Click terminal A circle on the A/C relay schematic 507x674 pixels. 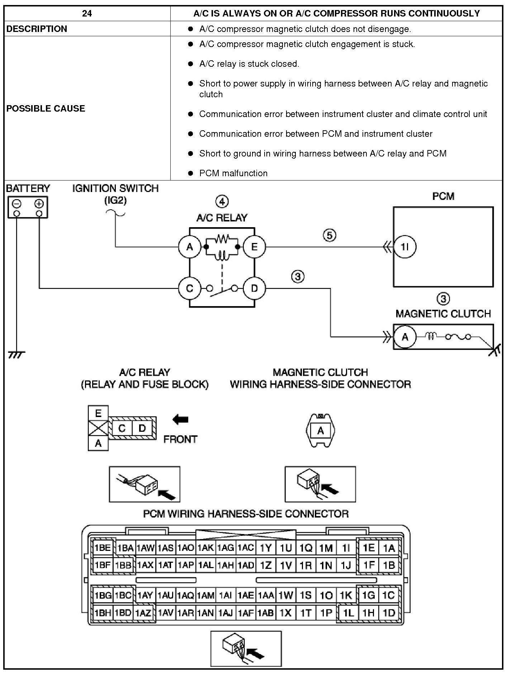point(190,247)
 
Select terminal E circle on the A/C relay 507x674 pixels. point(254,247)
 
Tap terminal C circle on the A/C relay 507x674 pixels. point(190,288)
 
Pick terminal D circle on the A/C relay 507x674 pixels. point(254,288)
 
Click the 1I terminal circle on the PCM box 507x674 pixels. point(405,247)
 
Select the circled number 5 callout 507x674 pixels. point(330,235)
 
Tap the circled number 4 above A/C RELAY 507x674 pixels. point(222,202)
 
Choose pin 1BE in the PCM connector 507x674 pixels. point(103,548)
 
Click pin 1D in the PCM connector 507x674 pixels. point(389,613)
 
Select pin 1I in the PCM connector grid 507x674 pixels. point(346,548)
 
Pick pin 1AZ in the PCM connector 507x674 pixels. point(143,613)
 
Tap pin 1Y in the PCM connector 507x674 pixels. point(266,548)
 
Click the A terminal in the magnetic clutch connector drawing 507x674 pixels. point(321,431)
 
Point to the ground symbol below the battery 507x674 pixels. point(16,355)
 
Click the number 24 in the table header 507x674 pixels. point(87,14)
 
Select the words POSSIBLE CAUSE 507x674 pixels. point(46,108)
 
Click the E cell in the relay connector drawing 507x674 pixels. point(98,413)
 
